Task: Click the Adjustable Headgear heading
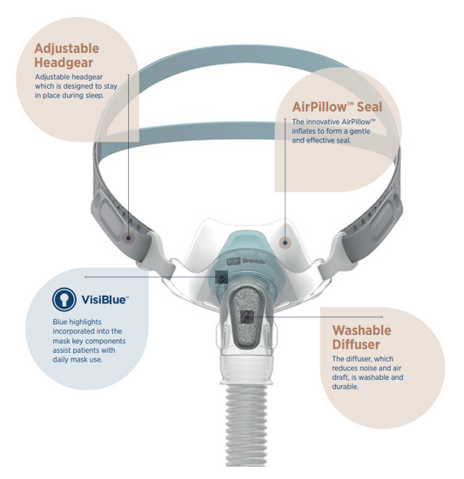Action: pyautogui.click(x=65, y=56)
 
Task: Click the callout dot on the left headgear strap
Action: pyautogui.click(x=129, y=235)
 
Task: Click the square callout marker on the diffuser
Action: pyautogui.click(x=250, y=316)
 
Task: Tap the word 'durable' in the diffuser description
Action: pyautogui.click(x=347, y=386)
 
